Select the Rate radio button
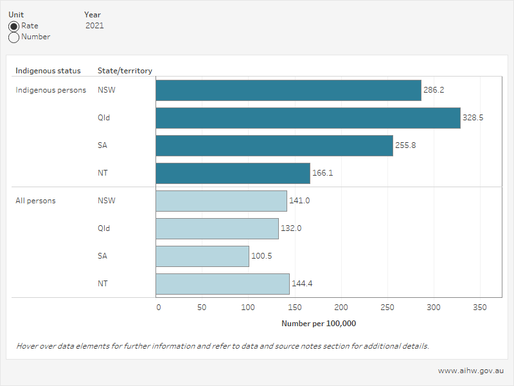coord(13,26)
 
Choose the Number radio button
coord(13,37)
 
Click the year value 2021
coord(94,26)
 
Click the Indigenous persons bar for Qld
coord(308,118)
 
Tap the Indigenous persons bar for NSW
coord(288,90)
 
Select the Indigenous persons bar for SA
coord(274,145)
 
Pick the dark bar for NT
coord(233,173)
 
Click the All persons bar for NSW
coord(221,201)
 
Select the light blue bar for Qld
coord(217,228)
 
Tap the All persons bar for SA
coord(202,256)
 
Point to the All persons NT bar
coord(222,284)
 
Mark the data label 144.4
coord(303,284)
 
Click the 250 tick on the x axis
coord(387,308)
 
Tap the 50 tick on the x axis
coord(202,308)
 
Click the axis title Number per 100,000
coord(319,324)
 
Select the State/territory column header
coord(125,71)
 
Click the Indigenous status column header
coord(48,71)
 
